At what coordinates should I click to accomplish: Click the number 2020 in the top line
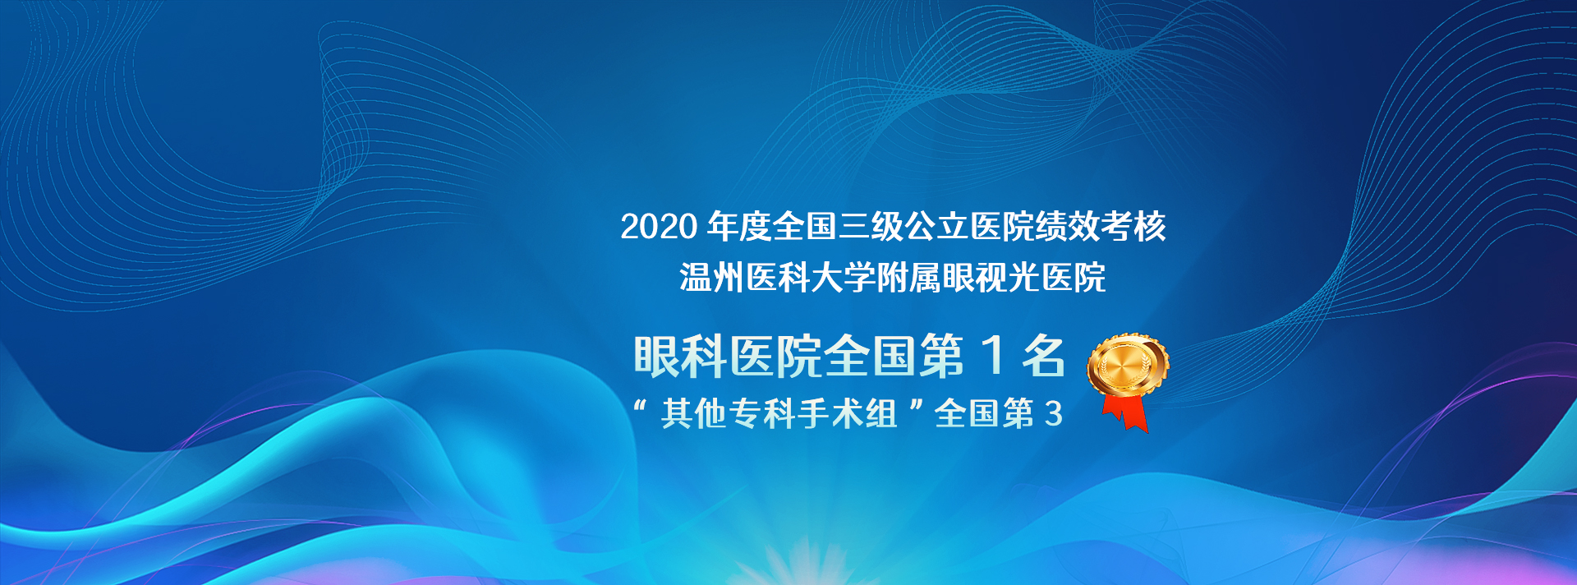[659, 227]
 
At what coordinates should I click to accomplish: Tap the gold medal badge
[1128, 366]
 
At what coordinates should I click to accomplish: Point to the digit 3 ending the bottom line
[1053, 413]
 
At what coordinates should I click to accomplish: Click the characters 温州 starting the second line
[711, 278]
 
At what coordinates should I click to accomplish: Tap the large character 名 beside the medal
[1043, 356]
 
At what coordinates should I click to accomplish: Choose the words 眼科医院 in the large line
[728, 357]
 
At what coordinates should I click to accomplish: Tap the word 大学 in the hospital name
[843, 278]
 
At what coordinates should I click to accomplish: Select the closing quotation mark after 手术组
[917, 406]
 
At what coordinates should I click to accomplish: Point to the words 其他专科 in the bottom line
[729, 413]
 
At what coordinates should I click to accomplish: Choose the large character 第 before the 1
[943, 357]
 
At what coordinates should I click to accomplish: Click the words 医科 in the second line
[777, 278]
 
